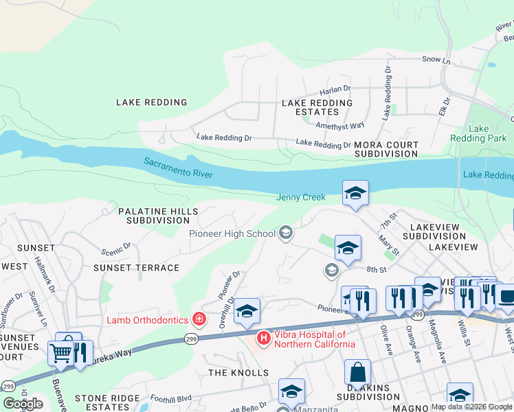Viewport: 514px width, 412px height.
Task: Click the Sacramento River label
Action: pyautogui.click(x=178, y=168)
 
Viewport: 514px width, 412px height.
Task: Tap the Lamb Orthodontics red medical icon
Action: pyautogui.click(x=199, y=319)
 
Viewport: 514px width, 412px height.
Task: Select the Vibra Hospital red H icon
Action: pyautogui.click(x=263, y=338)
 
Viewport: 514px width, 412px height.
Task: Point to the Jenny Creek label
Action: pyautogui.click(x=301, y=197)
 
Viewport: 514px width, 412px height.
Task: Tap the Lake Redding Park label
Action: pyautogui.click(x=478, y=133)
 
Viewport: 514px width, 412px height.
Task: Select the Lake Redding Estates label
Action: pyautogui.click(x=317, y=107)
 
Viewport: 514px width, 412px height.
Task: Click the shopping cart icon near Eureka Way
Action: pyautogui.click(x=60, y=353)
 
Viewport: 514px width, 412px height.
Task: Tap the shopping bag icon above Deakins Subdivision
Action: pyautogui.click(x=358, y=374)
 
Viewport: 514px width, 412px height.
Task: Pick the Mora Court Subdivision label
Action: pyautogui.click(x=386, y=150)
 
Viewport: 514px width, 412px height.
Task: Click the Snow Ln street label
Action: pyautogui.click(x=436, y=60)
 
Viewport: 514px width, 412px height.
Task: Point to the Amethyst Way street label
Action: pyautogui.click(x=339, y=126)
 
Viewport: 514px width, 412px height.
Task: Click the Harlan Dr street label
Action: pyautogui.click(x=335, y=89)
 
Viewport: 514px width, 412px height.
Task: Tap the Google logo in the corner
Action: pyautogui.click(x=23, y=404)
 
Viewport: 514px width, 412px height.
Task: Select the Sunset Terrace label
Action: pyautogui.click(x=136, y=268)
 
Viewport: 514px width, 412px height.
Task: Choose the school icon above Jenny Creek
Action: pyautogui.click(x=355, y=193)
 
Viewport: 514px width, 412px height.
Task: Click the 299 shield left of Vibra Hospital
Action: pyautogui.click(x=192, y=338)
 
